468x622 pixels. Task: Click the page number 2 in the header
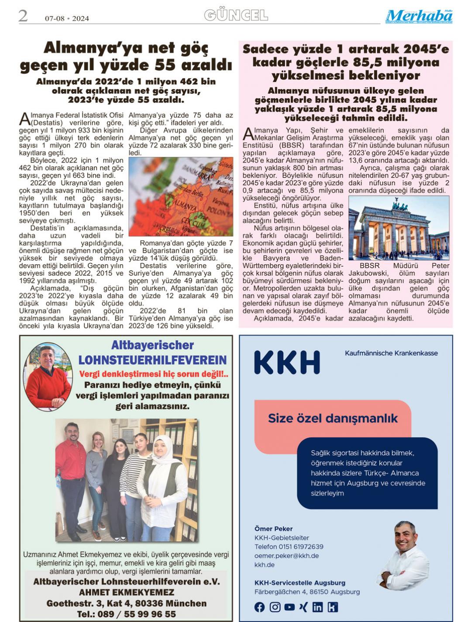pyautogui.click(x=23, y=16)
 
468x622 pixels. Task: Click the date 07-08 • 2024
pyautogui.click(x=67, y=18)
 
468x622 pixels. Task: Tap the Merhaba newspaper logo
pyautogui.click(x=419, y=16)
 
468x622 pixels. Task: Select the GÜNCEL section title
pyautogui.click(x=236, y=16)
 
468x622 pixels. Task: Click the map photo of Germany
pyautogui.click(x=181, y=197)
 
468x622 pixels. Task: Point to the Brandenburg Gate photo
pyautogui.click(x=399, y=228)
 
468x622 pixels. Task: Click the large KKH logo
pyautogui.click(x=287, y=362)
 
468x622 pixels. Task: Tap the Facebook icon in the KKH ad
pyautogui.click(x=259, y=607)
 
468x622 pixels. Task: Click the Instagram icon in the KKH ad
pyautogui.click(x=275, y=607)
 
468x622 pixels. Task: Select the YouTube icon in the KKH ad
pyautogui.click(x=289, y=607)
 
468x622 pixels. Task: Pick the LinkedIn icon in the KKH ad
pyautogui.click(x=317, y=607)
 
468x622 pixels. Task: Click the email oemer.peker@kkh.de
pyautogui.click(x=286, y=556)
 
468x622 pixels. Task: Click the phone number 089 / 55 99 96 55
pyautogui.click(x=126, y=614)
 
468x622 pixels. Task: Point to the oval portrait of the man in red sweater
pyautogui.click(x=48, y=376)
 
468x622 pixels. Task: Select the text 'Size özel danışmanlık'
pyautogui.click(x=333, y=418)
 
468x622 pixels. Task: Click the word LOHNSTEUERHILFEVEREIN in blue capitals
pyautogui.click(x=152, y=360)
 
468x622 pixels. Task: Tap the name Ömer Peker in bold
pyautogui.click(x=273, y=529)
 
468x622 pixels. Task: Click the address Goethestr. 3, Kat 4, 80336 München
pyautogui.click(x=126, y=603)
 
